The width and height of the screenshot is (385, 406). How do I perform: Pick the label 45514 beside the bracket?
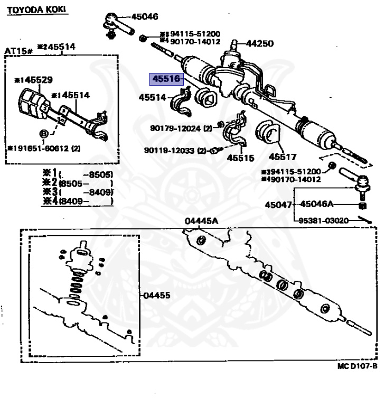153,97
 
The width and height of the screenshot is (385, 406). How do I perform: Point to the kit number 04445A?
201,221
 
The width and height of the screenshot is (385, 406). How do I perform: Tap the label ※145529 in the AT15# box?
33,80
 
